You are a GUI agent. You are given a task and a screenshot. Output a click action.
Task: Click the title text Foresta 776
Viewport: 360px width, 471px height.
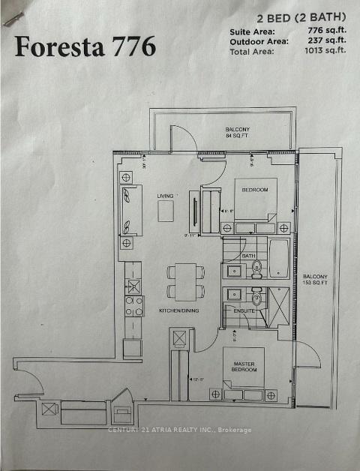pos(85,46)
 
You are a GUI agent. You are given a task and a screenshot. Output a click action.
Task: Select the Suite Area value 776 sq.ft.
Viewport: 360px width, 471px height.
pos(326,31)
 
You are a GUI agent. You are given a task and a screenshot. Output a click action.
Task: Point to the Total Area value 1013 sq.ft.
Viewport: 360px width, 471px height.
pos(325,50)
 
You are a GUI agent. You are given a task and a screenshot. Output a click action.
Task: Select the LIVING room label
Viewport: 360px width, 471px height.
pos(165,196)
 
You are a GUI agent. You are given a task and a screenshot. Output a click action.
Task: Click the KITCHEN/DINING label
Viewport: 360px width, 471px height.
pos(178,310)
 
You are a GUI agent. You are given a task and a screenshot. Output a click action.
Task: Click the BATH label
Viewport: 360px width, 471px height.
pos(248,256)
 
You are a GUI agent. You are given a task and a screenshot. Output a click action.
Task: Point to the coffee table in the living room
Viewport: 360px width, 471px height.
pos(166,211)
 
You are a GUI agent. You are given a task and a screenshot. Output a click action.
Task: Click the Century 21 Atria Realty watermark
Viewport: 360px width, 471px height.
pos(180,430)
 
